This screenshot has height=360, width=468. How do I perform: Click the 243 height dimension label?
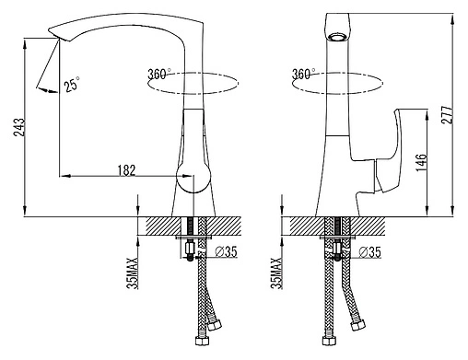tap(19, 127)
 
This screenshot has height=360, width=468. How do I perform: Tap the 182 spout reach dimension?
tap(126, 170)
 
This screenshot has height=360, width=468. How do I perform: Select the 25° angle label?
tap(72, 84)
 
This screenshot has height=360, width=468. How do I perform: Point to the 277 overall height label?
tap(447, 114)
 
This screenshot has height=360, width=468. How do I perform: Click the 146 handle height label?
tap(422, 163)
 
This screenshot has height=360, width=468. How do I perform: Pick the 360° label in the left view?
tap(159, 75)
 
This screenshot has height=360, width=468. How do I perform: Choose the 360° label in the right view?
tap(304, 74)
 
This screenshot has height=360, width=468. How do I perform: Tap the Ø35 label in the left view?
tap(227, 251)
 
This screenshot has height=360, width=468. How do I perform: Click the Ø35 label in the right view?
tap(370, 252)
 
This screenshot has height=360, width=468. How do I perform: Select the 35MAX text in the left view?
tap(133, 273)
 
